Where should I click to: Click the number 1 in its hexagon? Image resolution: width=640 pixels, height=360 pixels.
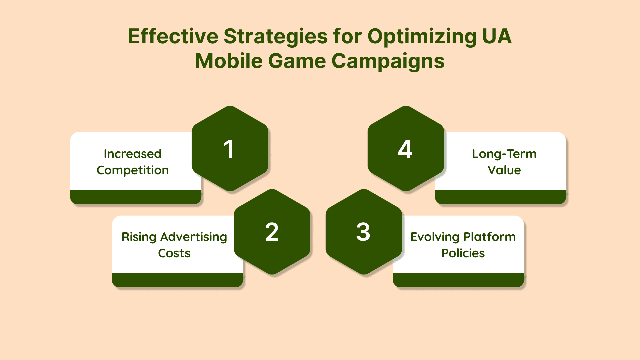tap(229, 149)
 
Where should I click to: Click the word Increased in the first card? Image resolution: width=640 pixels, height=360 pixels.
tap(133, 154)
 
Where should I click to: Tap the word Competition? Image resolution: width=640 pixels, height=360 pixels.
tap(133, 170)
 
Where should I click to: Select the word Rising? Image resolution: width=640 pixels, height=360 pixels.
tap(139, 237)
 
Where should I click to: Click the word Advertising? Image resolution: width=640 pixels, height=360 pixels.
tap(194, 237)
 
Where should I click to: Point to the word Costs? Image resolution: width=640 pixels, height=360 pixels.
tap(174, 253)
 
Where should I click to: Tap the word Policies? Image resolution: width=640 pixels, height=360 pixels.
tap(463, 253)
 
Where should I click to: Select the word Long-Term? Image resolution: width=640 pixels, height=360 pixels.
tap(504, 154)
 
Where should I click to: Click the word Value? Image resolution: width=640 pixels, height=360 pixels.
tap(504, 170)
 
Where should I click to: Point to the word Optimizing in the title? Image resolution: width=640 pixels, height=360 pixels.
tap(422, 37)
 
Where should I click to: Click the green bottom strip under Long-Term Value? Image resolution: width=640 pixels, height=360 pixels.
tap(500, 197)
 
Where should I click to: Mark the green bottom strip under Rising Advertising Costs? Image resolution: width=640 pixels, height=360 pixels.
tap(177, 280)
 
